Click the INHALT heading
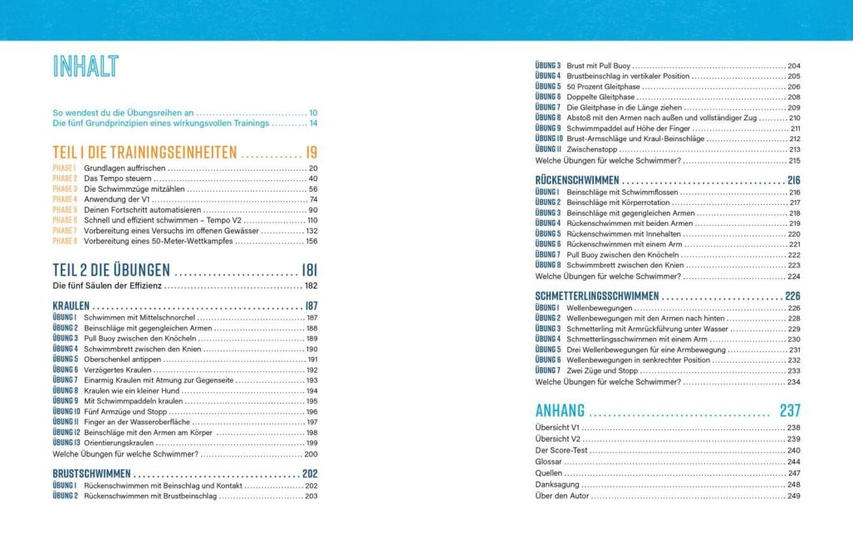(85, 66)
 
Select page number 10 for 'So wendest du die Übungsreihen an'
(313, 112)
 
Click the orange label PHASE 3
(65, 189)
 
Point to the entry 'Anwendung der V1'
(118, 200)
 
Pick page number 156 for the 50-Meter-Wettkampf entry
(311, 242)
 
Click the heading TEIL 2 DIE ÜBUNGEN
(111, 270)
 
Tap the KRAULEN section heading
(71, 306)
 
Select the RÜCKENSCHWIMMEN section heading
(577, 180)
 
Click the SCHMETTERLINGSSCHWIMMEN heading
(597, 296)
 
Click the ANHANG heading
(560, 410)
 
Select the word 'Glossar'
(549, 462)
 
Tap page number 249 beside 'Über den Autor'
(793, 496)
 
